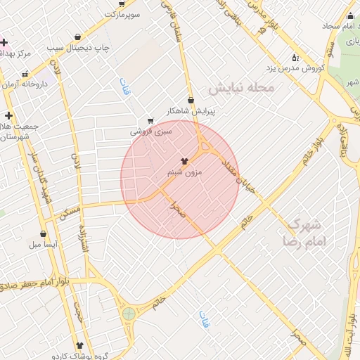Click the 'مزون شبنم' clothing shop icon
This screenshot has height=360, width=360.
[186, 161]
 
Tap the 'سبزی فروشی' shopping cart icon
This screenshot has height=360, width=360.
[150, 120]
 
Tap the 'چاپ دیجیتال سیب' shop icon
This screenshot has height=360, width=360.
[77, 37]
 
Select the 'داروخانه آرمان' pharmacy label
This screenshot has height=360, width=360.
[30, 84]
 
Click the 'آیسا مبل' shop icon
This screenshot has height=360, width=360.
[43, 234]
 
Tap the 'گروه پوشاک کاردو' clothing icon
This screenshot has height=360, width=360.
[78, 346]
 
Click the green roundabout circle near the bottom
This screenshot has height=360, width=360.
[129, 314]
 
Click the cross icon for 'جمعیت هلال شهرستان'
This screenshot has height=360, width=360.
[8, 115]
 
